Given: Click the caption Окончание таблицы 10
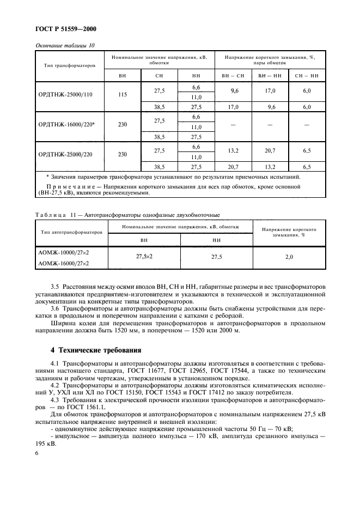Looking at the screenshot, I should click(x=65, y=46).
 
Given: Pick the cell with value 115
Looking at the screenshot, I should click(x=122, y=94).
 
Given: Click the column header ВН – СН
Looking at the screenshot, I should click(x=233, y=76).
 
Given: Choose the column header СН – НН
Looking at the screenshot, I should click(x=306, y=76).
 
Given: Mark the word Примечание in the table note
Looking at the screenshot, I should click(x=65, y=186).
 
